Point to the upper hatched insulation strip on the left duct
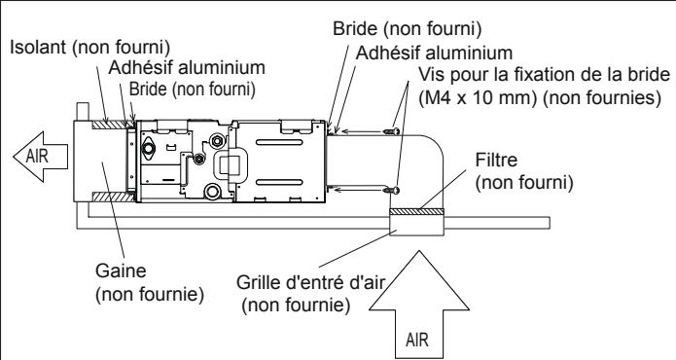coord(108,125)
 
